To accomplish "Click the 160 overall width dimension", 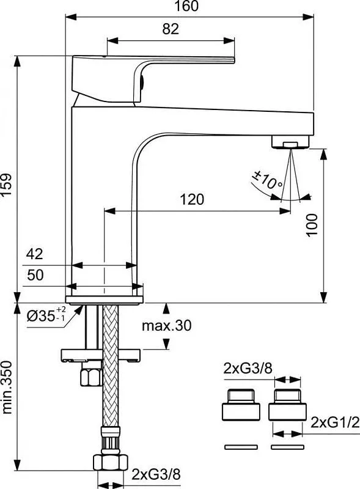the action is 186,6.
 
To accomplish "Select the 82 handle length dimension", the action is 171,29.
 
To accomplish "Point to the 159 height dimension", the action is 7,185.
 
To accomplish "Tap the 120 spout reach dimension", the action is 192,199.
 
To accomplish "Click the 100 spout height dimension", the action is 312,226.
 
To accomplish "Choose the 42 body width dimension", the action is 35,254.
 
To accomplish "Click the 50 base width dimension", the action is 35,275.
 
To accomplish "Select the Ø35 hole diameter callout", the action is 46,314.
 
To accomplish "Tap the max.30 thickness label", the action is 167,326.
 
